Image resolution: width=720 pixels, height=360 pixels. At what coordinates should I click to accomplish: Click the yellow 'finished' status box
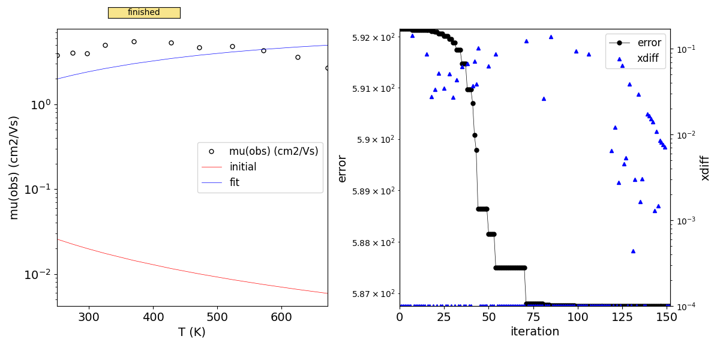[x=144, y=13]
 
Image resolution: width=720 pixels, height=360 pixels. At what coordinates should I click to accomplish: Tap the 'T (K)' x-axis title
[x=192, y=332]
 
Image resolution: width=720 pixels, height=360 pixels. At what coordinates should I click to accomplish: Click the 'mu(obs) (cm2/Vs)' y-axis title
[x=14, y=167]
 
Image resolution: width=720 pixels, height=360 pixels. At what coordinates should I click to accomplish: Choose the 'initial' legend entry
[x=242, y=167]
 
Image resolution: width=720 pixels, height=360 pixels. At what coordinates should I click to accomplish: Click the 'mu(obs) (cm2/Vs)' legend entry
[x=274, y=151]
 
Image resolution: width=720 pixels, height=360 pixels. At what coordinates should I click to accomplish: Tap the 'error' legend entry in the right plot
[x=649, y=43]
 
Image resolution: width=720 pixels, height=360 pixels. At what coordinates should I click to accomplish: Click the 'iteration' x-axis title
[x=535, y=331]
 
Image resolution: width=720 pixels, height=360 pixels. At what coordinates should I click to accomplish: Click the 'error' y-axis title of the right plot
[x=343, y=168]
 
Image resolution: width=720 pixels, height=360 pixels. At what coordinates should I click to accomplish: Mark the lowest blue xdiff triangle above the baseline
[x=633, y=251]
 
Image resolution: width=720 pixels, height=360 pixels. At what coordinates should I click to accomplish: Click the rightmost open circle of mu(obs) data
[x=328, y=68]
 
